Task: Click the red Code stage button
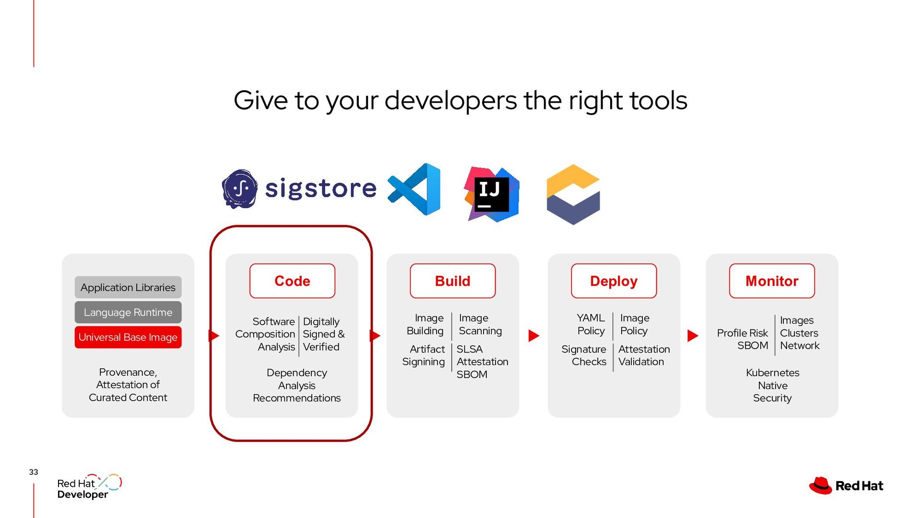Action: click(x=292, y=281)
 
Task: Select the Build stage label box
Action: click(x=452, y=281)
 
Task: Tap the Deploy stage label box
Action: click(x=614, y=281)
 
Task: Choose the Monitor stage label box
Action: click(x=772, y=281)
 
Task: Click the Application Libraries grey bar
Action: click(x=128, y=287)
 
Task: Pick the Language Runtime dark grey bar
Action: click(x=128, y=312)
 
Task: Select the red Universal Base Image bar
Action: click(x=128, y=337)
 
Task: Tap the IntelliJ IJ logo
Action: click(x=491, y=194)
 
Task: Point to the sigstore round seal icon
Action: click(x=239, y=189)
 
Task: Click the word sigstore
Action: click(x=321, y=188)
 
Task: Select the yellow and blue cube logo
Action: click(x=573, y=194)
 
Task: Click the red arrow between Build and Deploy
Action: click(x=533, y=336)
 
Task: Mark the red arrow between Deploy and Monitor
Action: click(x=692, y=336)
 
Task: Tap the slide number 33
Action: click(x=34, y=472)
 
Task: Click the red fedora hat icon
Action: click(x=820, y=485)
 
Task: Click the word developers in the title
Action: click(x=451, y=101)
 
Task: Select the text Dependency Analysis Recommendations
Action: click(x=296, y=386)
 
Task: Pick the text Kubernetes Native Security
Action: click(x=772, y=386)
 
